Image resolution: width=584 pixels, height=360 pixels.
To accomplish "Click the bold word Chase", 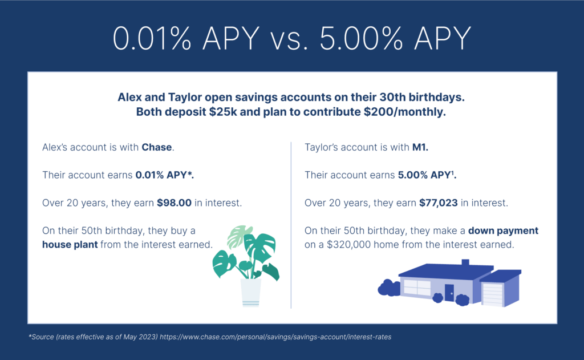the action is [x=156, y=147].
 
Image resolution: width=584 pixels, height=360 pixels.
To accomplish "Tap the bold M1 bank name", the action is [x=420, y=147].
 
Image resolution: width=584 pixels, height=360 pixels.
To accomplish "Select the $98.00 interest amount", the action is [x=174, y=203].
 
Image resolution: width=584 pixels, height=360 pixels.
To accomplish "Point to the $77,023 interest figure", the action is [x=439, y=203].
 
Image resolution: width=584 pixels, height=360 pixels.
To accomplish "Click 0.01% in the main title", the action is [x=152, y=38].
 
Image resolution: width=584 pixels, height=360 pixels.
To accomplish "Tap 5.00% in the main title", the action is [x=361, y=38].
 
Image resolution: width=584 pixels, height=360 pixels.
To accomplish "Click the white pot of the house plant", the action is [x=251, y=292].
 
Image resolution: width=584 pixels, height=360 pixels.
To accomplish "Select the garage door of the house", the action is [x=492, y=294].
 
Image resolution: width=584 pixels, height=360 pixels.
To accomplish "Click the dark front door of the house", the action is [x=449, y=293].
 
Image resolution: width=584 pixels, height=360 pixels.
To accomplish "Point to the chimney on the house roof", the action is [x=465, y=262].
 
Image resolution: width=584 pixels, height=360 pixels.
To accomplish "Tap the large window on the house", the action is [x=417, y=288].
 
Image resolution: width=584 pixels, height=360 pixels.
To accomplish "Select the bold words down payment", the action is [x=503, y=230].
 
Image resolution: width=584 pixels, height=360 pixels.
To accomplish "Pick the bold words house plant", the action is [x=70, y=245].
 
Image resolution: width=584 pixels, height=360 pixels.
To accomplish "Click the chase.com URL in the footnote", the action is [x=275, y=337].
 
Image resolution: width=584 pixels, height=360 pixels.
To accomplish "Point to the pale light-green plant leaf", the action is [x=239, y=235].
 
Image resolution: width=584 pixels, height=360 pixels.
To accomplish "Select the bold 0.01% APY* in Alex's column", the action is [x=165, y=175].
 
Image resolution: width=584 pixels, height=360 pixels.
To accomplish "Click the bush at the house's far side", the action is [x=388, y=288].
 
